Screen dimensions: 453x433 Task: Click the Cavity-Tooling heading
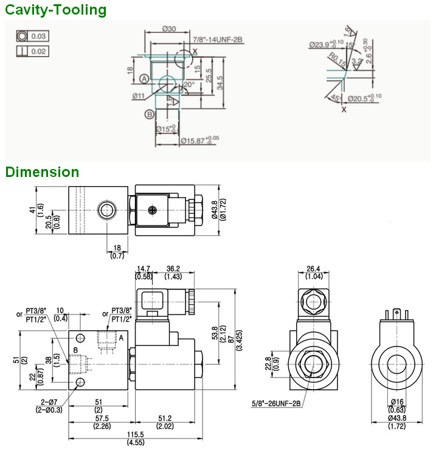point(55,10)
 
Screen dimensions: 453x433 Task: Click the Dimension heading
point(42,172)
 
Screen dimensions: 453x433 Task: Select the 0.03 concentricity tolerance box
point(32,36)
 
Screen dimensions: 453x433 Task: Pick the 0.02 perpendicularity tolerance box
point(32,51)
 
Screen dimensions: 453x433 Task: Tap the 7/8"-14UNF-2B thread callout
point(218,39)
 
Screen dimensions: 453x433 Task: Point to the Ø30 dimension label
point(170,29)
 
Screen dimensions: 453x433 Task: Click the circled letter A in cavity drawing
point(144,79)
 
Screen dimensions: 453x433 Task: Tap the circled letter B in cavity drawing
point(150,114)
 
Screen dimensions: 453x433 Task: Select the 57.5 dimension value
point(101,418)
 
